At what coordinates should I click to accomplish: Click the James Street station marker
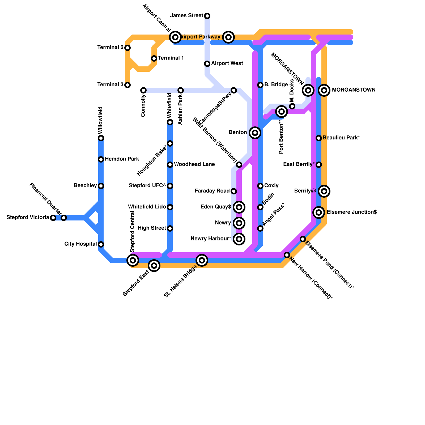[x=207, y=16]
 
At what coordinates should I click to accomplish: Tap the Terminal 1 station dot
[x=154, y=58]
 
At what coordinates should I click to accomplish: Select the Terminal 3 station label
[x=110, y=85]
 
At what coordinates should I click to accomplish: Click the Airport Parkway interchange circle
[x=228, y=37]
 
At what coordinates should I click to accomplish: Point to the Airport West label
[x=227, y=63]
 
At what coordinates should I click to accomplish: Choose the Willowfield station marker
[x=101, y=138]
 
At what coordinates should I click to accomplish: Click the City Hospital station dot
[x=101, y=244]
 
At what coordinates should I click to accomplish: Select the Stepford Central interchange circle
[x=133, y=260]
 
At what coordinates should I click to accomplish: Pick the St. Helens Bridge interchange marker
[x=202, y=260]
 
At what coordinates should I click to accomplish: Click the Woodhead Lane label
[x=194, y=164]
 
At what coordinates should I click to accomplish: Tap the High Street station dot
[x=170, y=228]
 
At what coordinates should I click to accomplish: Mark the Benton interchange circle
[x=255, y=133]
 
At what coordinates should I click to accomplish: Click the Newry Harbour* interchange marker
[x=239, y=239]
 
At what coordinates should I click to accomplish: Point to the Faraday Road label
[x=212, y=191]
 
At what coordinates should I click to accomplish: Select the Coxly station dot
[x=260, y=186]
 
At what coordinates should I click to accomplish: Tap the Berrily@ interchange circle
[x=324, y=191]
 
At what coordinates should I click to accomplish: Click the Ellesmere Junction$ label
[x=352, y=212]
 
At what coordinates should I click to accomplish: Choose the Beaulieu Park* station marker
[x=319, y=138]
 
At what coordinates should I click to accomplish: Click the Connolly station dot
[x=143, y=90]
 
